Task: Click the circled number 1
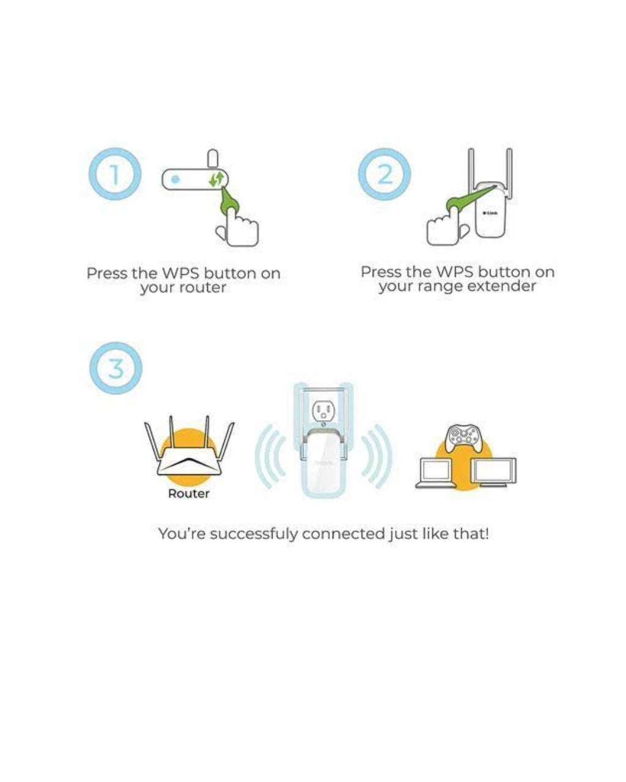(x=115, y=174)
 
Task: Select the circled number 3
(x=116, y=368)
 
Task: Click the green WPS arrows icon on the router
(x=216, y=179)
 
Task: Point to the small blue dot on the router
(x=175, y=179)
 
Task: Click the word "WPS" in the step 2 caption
(x=453, y=272)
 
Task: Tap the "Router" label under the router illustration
(x=189, y=494)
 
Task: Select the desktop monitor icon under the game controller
(x=493, y=472)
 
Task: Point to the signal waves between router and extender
(x=271, y=456)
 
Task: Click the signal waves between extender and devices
(x=377, y=456)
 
